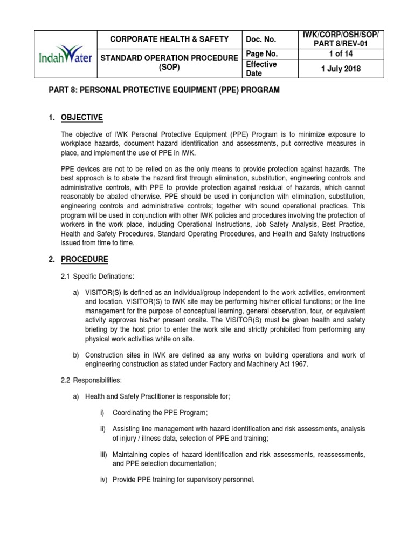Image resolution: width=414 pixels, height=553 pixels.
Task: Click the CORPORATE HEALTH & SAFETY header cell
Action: click(169, 39)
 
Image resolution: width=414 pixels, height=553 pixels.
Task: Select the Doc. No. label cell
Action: click(261, 39)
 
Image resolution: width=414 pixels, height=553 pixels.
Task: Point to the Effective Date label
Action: click(261, 69)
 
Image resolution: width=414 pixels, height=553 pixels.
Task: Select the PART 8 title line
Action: click(164, 90)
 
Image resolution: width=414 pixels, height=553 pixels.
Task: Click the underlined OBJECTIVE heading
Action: click(82, 118)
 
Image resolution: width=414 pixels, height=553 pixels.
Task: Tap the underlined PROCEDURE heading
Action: click(84, 259)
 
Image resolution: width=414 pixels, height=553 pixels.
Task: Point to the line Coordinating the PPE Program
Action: click(160, 413)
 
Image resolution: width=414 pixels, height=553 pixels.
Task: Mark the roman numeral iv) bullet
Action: click(104, 478)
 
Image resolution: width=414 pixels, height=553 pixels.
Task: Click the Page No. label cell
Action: click(261, 54)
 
